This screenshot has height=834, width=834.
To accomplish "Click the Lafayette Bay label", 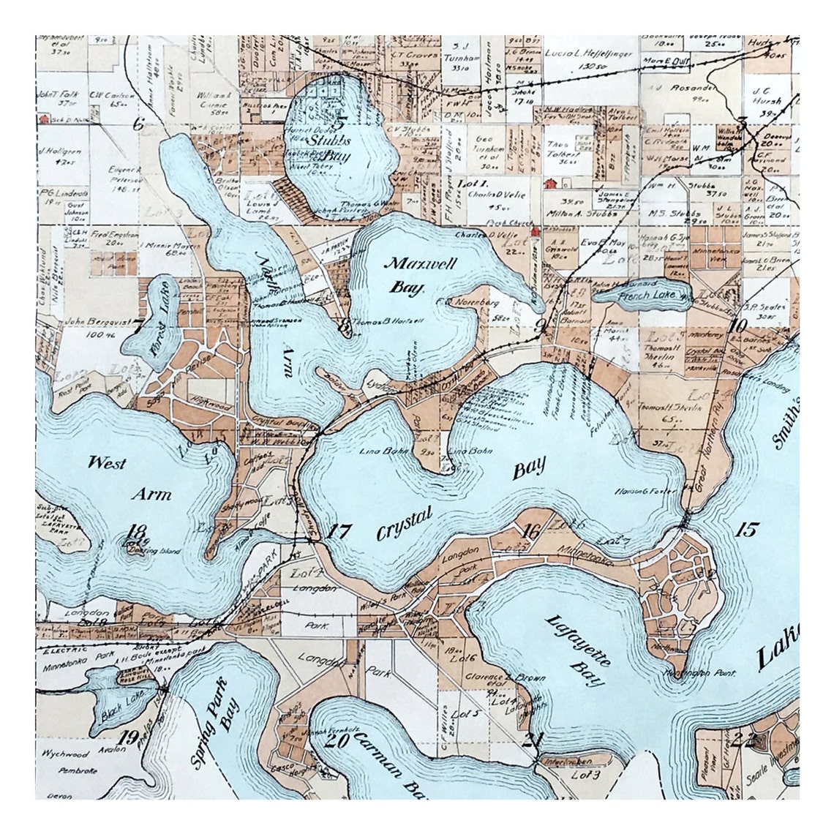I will tap(576, 650).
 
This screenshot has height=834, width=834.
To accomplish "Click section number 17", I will tap(339, 532).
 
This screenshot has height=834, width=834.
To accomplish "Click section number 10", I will tap(737, 326).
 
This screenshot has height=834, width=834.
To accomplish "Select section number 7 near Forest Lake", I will tap(138, 327).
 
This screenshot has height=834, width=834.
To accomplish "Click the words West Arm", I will tap(128, 478).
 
